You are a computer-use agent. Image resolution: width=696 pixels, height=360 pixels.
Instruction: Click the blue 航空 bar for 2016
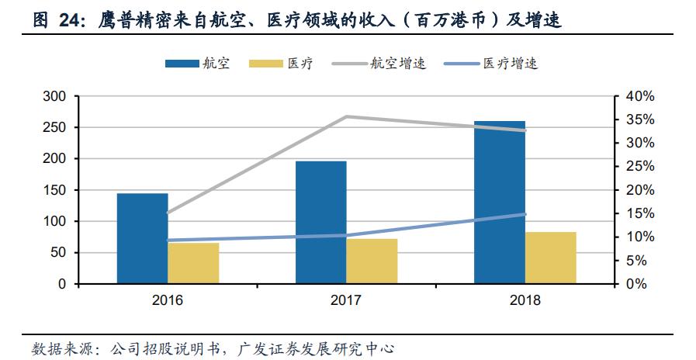pyautogui.click(x=143, y=238)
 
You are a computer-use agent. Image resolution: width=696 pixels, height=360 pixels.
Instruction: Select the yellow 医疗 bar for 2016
pyautogui.click(x=193, y=263)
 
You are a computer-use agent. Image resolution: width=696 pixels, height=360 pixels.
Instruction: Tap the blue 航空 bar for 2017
pyautogui.click(x=321, y=222)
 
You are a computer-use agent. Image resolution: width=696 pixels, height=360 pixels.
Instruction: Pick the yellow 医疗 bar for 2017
pyautogui.click(x=372, y=261)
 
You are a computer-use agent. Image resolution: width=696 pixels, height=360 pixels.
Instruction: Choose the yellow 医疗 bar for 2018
pyautogui.click(x=550, y=258)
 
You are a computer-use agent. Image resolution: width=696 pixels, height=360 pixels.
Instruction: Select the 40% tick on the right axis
pyautogui.click(x=640, y=96)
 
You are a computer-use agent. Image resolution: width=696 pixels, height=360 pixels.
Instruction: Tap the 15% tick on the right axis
pyautogui.click(x=640, y=213)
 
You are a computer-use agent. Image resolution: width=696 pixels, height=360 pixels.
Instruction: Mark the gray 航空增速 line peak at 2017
pyautogui.click(x=347, y=116)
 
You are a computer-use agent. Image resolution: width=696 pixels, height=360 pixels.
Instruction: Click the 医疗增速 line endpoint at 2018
pyautogui.click(x=525, y=214)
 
